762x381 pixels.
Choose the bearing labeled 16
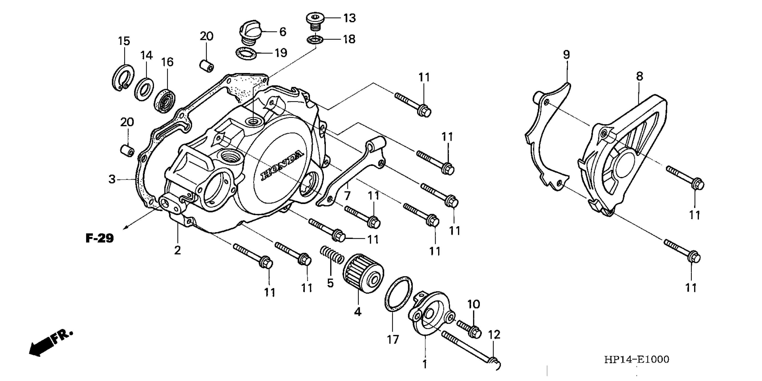tap(165, 100)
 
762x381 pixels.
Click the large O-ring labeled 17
tap(398, 293)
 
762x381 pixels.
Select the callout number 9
tap(566, 55)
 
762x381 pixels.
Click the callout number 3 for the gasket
tap(112, 179)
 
